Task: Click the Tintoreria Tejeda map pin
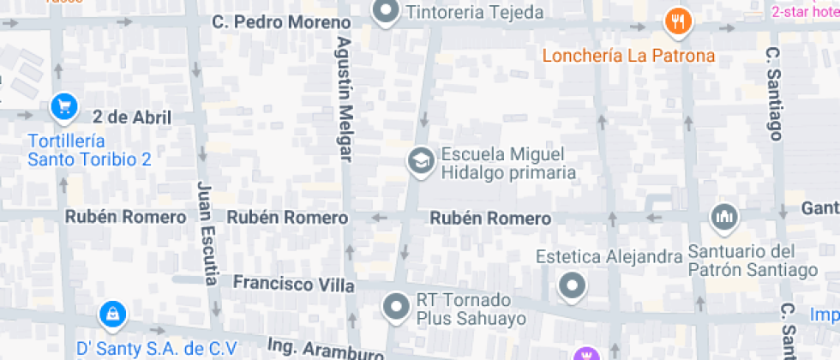(x=387, y=11)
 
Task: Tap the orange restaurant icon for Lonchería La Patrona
(x=678, y=21)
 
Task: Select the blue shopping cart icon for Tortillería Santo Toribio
(x=64, y=107)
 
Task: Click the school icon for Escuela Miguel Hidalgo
(x=420, y=161)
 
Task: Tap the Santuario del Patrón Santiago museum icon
(x=724, y=218)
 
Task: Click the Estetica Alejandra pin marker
(x=572, y=285)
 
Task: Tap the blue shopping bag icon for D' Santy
(x=111, y=315)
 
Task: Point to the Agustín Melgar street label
(x=345, y=98)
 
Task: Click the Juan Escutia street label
(x=205, y=231)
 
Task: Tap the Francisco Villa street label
(x=293, y=282)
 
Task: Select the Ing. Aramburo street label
(x=325, y=350)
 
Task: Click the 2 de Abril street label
(x=133, y=117)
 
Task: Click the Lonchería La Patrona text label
(x=628, y=57)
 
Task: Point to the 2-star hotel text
(x=805, y=11)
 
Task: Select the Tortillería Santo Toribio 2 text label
(x=90, y=150)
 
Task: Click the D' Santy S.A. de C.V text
(x=157, y=348)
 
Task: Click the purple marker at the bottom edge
(x=587, y=354)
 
